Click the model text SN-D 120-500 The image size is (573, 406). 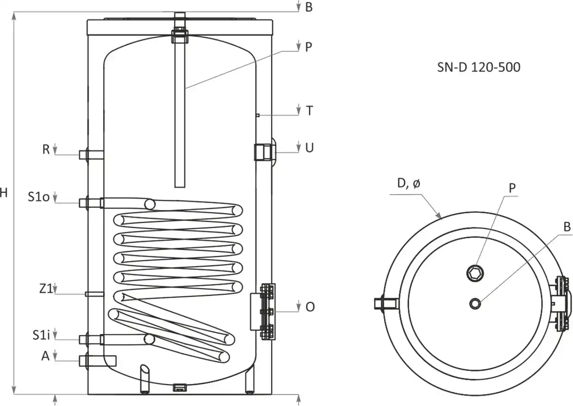tap(478, 68)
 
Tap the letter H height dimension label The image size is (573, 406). tap(4, 193)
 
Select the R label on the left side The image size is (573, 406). tap(46, 149)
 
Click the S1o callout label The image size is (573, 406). tap(39, 197)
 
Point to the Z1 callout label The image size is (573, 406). tap(45, 289)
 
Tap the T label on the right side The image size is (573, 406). tap(309, 111)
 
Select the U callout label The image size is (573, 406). tap(309, 148)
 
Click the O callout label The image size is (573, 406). tap(310, 307)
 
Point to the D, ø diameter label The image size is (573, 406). tap(408, 184)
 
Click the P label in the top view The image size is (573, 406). tap(512, 188)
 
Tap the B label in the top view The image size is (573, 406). tap(567, 228)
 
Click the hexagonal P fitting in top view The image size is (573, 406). tap(475, 272)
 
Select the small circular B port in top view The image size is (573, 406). tap(475, 303)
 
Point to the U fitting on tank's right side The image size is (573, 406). tap(264, 151)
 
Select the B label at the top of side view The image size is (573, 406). tap(309, 8)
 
